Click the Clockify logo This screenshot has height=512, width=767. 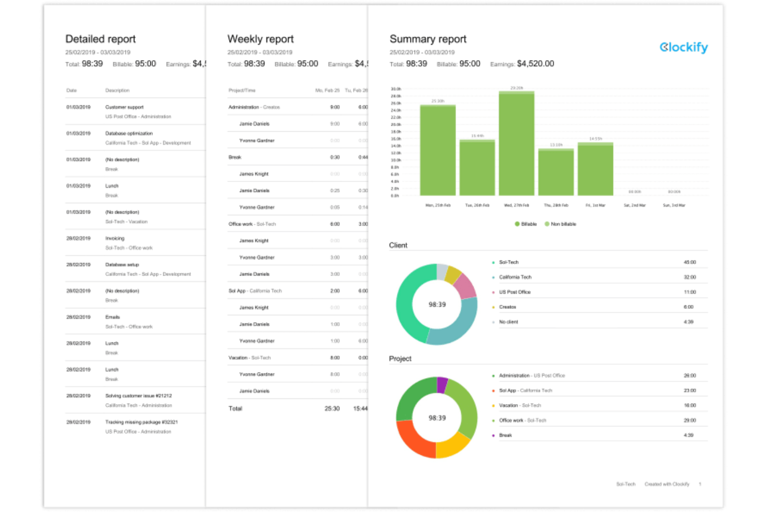(x=683, y=47)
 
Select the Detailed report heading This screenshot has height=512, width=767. (x=100, y=39)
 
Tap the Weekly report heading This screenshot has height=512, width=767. (x=260, y=39)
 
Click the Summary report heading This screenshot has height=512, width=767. (x=428, y=39)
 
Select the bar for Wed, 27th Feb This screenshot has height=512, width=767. (x=516, y=145)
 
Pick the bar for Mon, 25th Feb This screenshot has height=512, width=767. (x=437, y=150)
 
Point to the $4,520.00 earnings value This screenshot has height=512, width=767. (x=535, y=64)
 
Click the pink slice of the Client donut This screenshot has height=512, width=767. (x=465, y=286)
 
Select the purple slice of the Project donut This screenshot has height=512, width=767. (x=442, y=385)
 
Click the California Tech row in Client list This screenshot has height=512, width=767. (x=515, y=277)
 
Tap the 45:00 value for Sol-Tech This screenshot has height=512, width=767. (x=689, y=262)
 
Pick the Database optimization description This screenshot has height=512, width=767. (x=129, y=133)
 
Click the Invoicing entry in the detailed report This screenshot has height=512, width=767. (x=115, y=238)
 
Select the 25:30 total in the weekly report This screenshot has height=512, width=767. (x=332, y=409)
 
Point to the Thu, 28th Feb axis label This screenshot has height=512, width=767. (x=556, y=205)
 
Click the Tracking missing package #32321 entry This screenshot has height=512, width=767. (x=141, y=422)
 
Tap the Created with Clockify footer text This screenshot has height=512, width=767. (x=666, y=484)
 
